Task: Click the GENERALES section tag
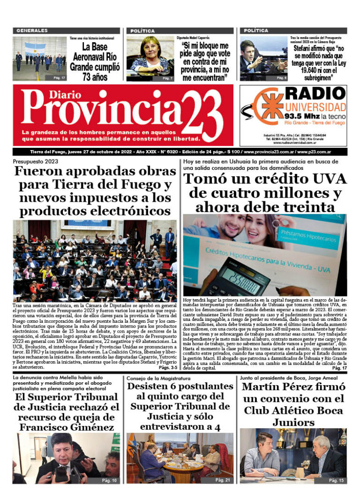[x=32, y=30]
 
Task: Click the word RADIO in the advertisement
[x=315, y=93]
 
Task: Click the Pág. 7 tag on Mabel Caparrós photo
[x=167, y=78]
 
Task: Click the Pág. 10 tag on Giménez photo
[x=109, y=480]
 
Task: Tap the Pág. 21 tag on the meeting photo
[x=223, y=480]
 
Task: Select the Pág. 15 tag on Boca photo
[x=336, y=480]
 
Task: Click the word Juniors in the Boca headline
[x=293, y=422]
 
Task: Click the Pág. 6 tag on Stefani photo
[x=281, y=78]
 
